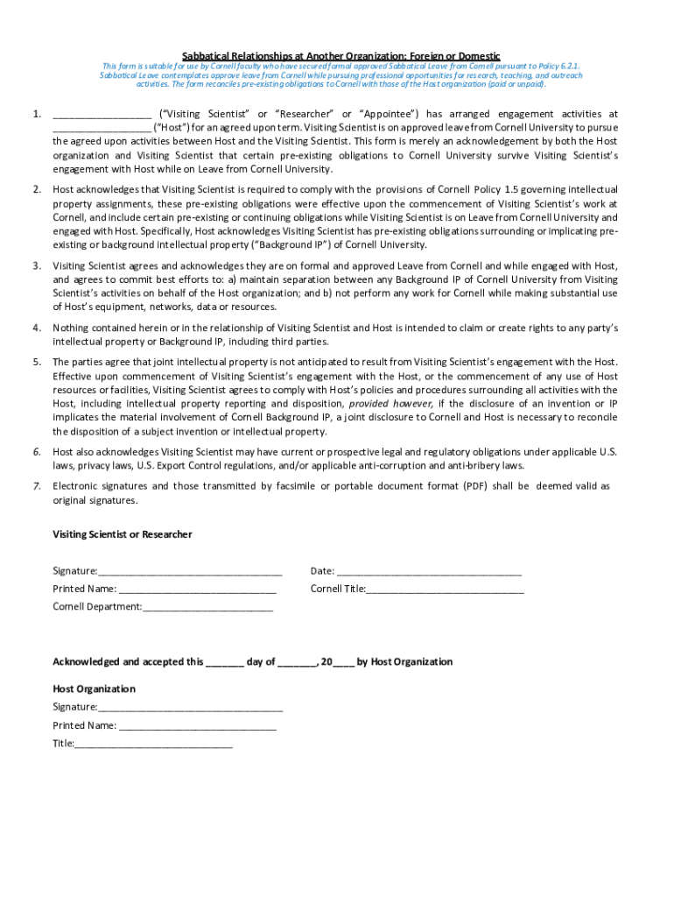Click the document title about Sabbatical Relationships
pos(341,55)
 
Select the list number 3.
pos(37,265)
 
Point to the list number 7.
pos(37,486)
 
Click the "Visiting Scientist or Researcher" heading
pos(123,534)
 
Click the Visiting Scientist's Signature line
pos(190,572)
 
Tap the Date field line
pos(429,572)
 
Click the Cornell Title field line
pos(445,590)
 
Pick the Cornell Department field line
pos(207,607)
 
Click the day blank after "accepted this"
pos(225,663)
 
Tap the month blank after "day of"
pos(297,663)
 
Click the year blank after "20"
pos(343,663)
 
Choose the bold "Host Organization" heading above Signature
pos(94,689)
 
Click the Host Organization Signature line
pos(190,708)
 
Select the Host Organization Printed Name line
pos(197,726)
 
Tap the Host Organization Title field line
pos(153,745)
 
